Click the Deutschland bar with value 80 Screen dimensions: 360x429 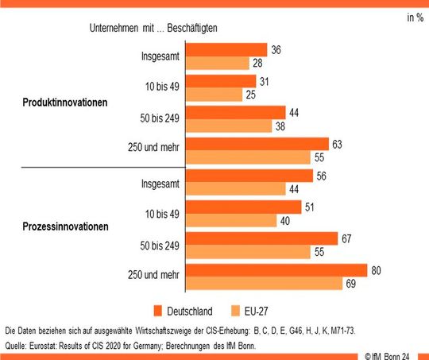[x=275, y=270]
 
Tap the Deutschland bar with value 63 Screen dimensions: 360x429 [x=256, y=145]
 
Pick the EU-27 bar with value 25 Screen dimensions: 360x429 [x=212, y=95]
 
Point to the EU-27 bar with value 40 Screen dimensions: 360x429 [x=228, y=220]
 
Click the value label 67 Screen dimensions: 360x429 [x=346, y=238]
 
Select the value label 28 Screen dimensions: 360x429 [x=258, y=64]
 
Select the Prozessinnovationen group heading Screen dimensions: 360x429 [x=66, y=226]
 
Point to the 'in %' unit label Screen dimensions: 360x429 [x=415, y=17]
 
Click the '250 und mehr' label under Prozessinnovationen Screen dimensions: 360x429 [x=153, y=275]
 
